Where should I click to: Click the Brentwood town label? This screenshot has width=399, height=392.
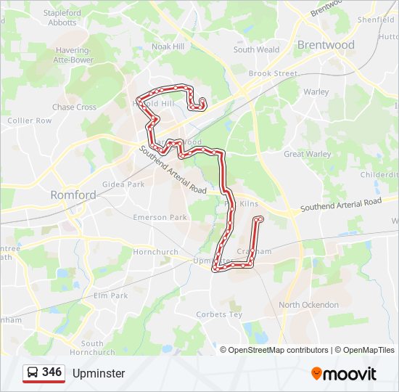(326, 45)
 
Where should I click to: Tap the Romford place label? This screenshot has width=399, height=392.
(73, 195)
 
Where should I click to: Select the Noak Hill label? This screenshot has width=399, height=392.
(168, 46)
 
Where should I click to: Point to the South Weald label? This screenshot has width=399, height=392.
(256, 50)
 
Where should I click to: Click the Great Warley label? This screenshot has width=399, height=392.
(307, 154)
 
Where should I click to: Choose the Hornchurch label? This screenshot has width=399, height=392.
(155, 252)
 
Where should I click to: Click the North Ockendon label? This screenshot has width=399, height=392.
(308, 305)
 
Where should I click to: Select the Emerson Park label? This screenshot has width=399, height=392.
(160, 217)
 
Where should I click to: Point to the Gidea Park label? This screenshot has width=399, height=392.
(123, 184)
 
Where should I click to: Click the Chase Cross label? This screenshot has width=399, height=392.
(74, 107)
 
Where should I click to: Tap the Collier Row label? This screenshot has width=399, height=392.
(30, 121)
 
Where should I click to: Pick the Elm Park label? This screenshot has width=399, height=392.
(110, 295)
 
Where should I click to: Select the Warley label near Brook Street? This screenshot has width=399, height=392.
(316, 92)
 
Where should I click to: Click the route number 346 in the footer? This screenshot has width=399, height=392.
(52, 372)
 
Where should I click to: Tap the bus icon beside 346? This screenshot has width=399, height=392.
(33, 373)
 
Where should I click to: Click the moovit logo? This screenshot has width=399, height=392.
(344, 374)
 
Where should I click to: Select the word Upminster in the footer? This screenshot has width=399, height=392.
(99, 374)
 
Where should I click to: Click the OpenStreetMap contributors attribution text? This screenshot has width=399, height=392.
(278, 350)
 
